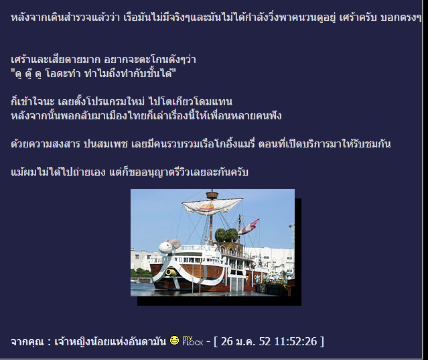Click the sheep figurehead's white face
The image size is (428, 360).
165,247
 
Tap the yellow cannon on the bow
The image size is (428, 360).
170,272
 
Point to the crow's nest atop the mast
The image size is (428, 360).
212,195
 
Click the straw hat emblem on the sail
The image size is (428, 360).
208,208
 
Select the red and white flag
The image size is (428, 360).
248,227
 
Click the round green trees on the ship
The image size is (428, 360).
226,235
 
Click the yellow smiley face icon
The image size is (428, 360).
174,341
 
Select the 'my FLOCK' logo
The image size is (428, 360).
193,341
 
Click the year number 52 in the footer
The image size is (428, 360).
265,341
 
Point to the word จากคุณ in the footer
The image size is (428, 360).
27,342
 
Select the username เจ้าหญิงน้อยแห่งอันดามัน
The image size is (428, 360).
111,342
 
